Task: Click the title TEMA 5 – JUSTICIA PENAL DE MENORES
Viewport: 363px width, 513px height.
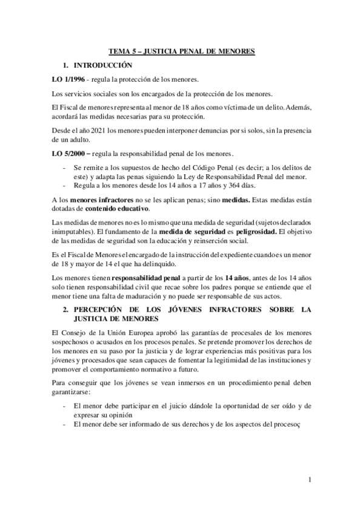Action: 181,52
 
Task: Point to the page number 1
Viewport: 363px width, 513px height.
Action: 310,480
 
